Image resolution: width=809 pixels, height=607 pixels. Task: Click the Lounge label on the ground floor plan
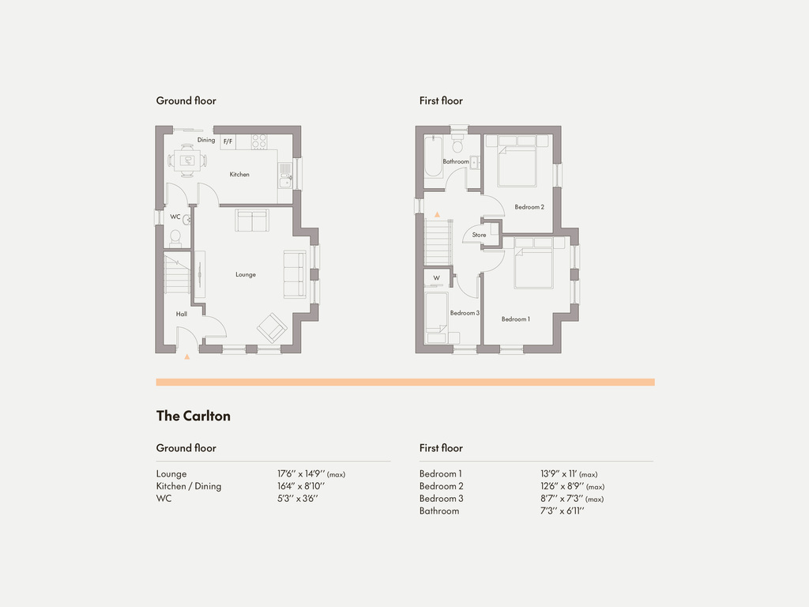pyautogui.click(x=246, y=274)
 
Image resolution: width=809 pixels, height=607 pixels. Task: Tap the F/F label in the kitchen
pyautogui.click(x=228, y=141)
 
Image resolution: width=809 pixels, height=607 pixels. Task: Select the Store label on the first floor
pyautogui.click(x=479, y=235)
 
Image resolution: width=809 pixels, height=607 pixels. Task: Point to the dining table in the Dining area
pyautogui.click(x=186, y=160)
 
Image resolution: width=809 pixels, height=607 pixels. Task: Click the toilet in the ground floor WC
pyautogui.click(x=175, y=237)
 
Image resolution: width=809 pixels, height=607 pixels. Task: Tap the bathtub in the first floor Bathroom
pyautogui.click(x=434, y=156)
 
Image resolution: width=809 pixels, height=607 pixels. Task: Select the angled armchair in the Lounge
pyautogui.click(x=272, y=328)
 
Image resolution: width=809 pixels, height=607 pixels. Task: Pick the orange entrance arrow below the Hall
pyautogui.click(x=186, y=356)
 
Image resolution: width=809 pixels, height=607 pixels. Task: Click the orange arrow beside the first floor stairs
pyautogui.click(x=437, y=214)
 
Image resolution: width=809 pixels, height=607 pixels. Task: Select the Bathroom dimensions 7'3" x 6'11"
pyautogui.click(x=563, y=511)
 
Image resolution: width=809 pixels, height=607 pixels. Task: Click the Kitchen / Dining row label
pyautogui.click(x=189, y=486)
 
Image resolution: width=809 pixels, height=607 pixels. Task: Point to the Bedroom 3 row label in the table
pyautogui.click(x=441, y=499)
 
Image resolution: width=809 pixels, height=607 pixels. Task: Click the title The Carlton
pyautogui.click(x=194, y=416)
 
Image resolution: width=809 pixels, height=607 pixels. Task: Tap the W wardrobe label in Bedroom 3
pyautogui.click(x=436, y=278)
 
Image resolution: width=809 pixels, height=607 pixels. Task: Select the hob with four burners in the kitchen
pyautogui.click(x=259, y=142)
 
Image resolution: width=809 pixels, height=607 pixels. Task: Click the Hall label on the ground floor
pyautogui.click(x=182, y=314)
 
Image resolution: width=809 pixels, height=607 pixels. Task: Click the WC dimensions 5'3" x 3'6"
pyautogui.click(x=298, y=499)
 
